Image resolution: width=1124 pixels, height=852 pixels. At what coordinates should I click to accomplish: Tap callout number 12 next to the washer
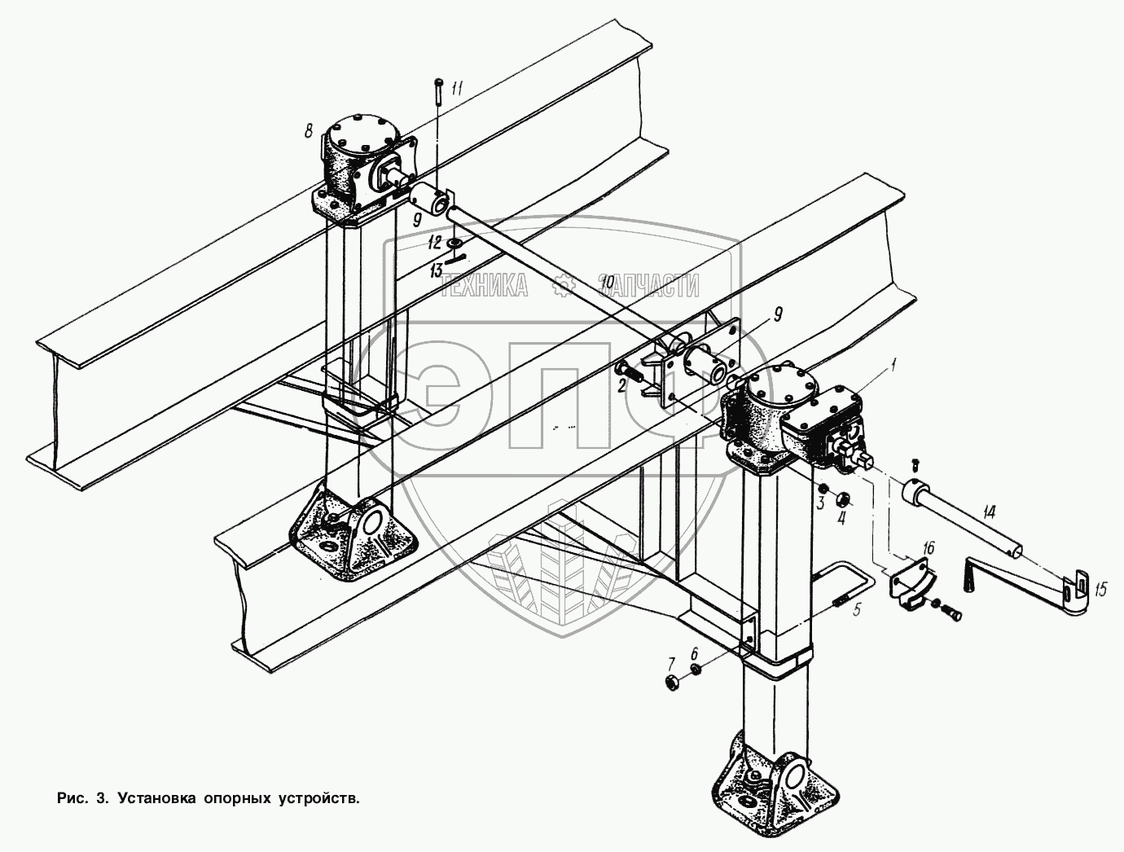(x=434, y=242)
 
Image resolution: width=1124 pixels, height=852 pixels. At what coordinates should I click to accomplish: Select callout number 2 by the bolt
(x=621, y=385)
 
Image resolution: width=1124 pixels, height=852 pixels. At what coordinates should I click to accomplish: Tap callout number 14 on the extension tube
(x=989, y=513)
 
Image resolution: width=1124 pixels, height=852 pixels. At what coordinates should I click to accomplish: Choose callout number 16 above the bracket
(x=928, y=547)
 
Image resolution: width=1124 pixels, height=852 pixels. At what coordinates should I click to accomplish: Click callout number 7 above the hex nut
(x=672, y=661)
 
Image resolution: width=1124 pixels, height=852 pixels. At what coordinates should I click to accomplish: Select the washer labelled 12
(x=454, y=243)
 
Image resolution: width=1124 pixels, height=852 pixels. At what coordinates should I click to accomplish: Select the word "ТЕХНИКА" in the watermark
(x=484, y=285)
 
